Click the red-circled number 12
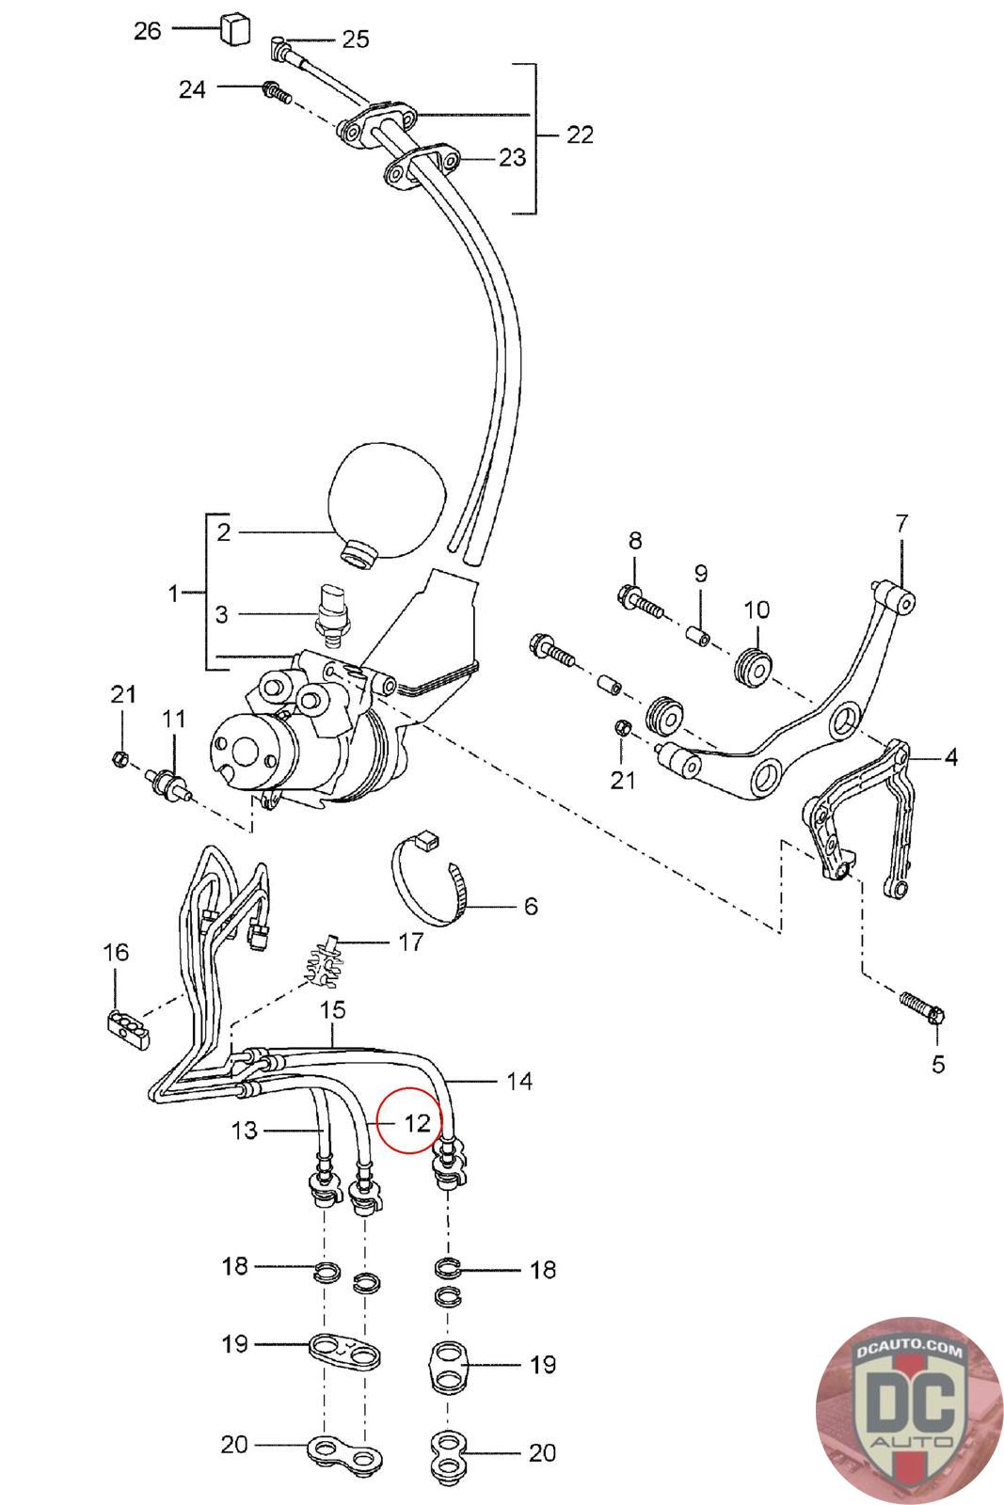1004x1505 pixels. (417, 1121)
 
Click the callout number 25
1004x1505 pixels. (355, 39)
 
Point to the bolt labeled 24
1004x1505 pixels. (273, 91)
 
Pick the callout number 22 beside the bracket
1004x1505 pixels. (580, 135)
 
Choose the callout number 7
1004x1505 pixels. (901, 522)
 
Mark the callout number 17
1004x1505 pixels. (410, 941)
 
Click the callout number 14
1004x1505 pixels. (518, 1081)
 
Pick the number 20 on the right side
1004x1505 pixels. (542, 1452)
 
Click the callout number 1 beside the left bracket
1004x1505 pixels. (173, 594)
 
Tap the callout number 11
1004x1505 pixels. (173, 720)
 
